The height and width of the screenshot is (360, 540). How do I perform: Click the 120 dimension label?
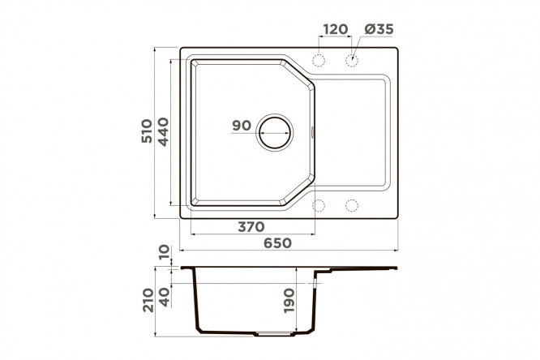click(x=336, y=29)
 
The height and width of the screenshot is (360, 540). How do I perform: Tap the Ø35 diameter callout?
click(x=379, y=29)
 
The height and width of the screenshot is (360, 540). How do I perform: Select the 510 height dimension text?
click(x=147, y=131)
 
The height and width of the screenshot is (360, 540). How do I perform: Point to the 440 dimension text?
click(x=163, y=131)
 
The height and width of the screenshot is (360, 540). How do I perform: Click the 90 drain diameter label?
click(x=242, y=126)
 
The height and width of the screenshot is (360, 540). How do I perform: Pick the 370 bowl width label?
click(x=251, y=227)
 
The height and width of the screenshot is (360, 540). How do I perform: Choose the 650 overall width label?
click(x=277, y=243)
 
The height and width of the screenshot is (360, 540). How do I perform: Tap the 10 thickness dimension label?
click(x=165, y=252)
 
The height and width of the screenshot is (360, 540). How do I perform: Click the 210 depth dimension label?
click(x=148, y=300)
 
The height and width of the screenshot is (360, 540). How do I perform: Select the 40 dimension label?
click(x=165, y=297)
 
